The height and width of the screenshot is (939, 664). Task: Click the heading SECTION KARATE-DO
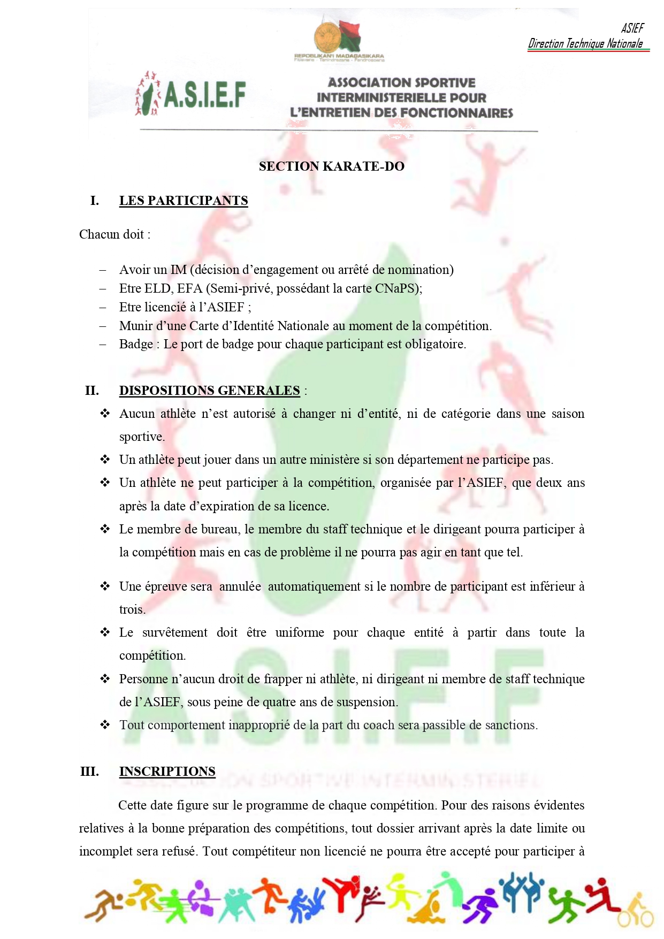[331, 166]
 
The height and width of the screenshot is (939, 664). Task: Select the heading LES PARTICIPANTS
[184, 201]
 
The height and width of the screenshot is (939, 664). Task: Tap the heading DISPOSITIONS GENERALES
[209, 391]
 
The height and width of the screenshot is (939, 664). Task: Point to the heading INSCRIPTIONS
[167, 772]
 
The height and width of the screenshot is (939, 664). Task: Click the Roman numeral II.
[91, 391]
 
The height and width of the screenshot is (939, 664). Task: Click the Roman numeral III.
[89, 772]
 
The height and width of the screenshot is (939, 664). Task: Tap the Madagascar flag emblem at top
[338, 36]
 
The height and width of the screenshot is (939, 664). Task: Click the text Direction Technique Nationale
[585, 44]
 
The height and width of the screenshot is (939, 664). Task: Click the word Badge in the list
[136, 345]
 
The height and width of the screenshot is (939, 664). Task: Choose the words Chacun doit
[115, 234]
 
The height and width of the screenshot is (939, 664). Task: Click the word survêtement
[174, 633]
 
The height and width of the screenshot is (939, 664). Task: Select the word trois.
[132, 610]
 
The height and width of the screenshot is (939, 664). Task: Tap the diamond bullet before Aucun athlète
[105, 414]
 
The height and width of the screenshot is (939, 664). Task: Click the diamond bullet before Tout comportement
[105, 725]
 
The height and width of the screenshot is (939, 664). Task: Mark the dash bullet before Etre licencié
[103, 308]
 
